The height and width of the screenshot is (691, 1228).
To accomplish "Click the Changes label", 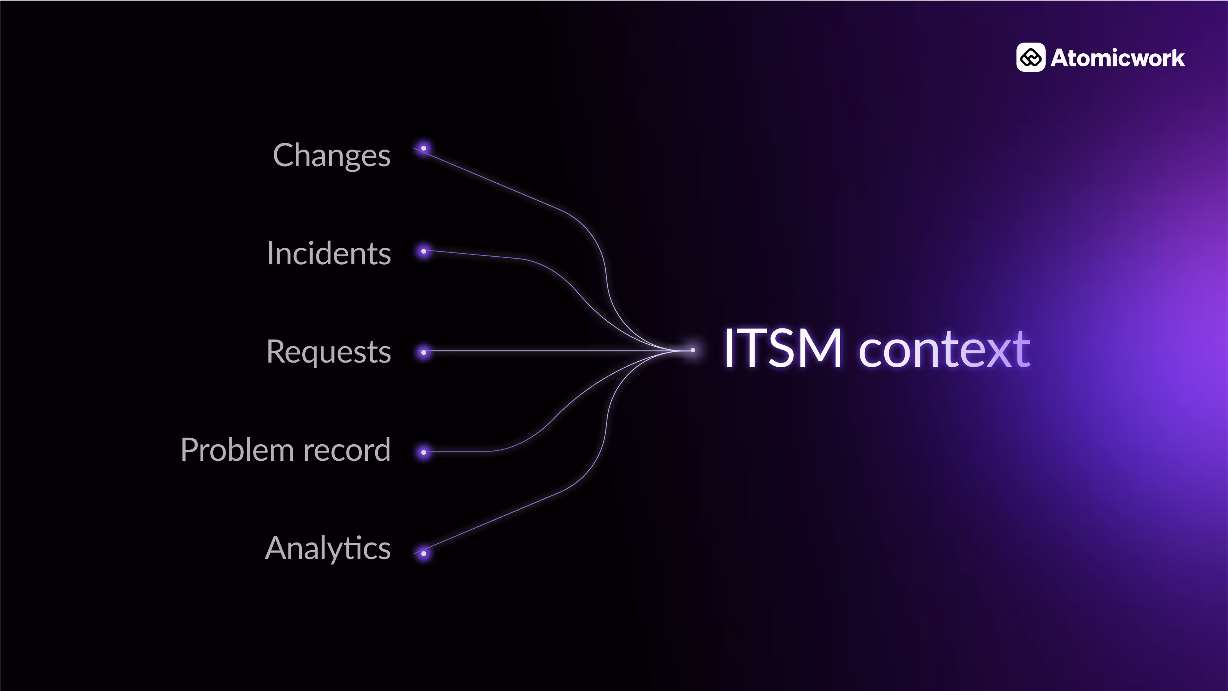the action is [331, 155].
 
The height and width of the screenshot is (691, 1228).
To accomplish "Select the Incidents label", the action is [329, 253].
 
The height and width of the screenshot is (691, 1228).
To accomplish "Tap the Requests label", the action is [328, 352].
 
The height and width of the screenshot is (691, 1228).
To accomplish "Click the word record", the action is [346, 450].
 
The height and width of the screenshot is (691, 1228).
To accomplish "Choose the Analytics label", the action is [328, 548].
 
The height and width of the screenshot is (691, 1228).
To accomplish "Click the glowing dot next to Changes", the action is [423, 148].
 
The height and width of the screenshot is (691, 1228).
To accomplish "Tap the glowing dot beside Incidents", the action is [423, 251].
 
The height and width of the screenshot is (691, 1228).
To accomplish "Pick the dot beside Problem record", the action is [423, 452].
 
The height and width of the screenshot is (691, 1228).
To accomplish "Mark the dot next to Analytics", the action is [423, 554].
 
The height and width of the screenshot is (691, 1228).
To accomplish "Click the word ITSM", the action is [782, 349].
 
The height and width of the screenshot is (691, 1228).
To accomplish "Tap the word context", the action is [944, 351].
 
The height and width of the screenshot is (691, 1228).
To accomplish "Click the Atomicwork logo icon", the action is [1031, 58].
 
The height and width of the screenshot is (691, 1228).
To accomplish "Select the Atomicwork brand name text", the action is [1118, 58].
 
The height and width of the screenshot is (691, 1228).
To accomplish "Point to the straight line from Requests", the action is [548, 351].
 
